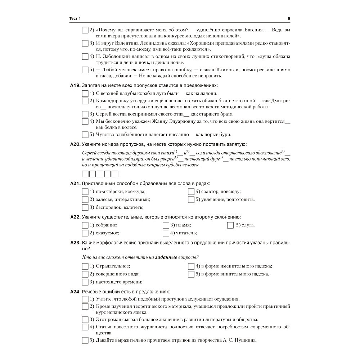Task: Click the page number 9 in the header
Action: (x=289, y=19)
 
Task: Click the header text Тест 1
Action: (x=75, y=19)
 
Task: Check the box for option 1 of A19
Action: (x=85, y=94)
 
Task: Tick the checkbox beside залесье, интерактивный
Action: (x=85, y=199)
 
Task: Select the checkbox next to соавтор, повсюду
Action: (x=191, y=192)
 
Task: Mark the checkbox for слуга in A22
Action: (x=230, y=225)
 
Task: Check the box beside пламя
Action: (x=166, y=225)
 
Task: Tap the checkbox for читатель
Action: (x=166, y=233)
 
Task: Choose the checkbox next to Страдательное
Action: (x=85, y=266)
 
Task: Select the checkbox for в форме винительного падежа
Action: (x=191, y=274)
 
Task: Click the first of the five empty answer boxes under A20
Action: (x=85, y=174)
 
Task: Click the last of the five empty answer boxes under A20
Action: (x=115, y=174)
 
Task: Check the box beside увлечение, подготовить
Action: (x=191, y=199)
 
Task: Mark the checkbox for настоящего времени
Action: (x=85, y=282)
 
